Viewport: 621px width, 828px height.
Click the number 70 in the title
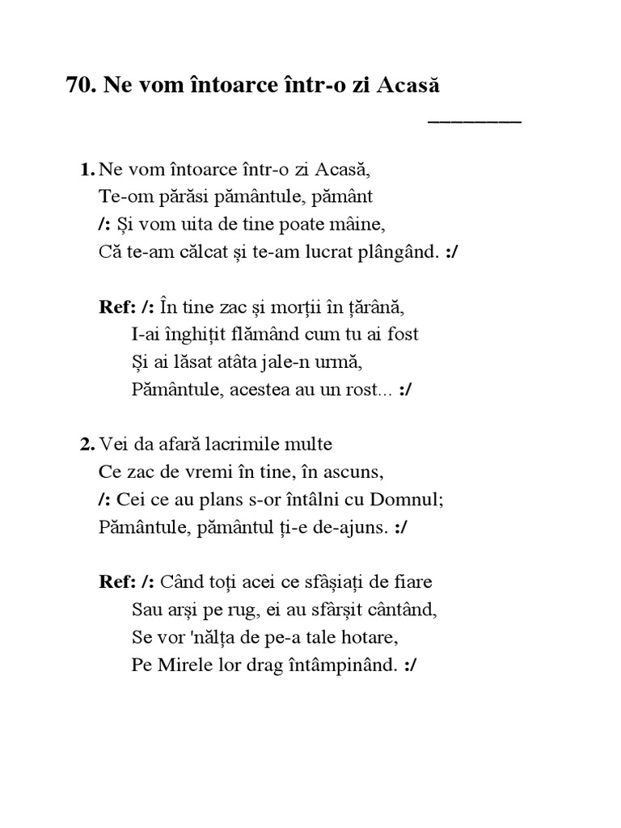pos(78,86)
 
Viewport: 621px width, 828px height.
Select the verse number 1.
pos(86,170)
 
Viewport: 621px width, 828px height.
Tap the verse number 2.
pos(86,444)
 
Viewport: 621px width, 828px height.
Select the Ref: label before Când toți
pos(115,581)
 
